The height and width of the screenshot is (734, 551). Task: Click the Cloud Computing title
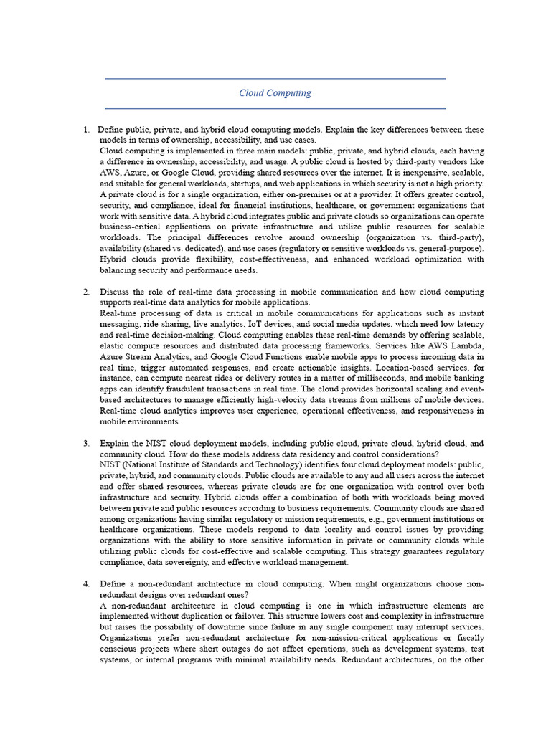point(275,93)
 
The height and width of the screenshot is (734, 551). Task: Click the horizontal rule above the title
point(275,78)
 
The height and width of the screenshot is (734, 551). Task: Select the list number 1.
point(85,130)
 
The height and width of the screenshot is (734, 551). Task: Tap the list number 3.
point(85,443)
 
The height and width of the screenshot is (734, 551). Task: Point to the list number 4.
point(85,583)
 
